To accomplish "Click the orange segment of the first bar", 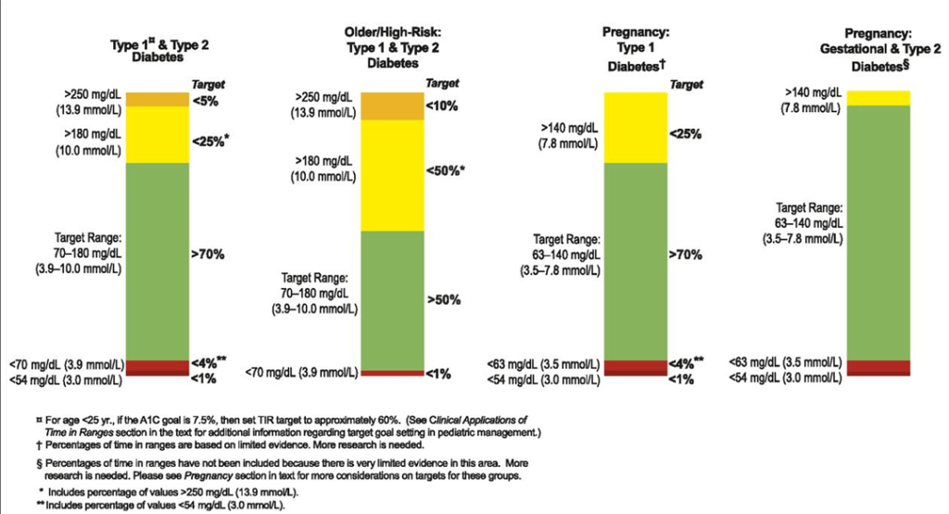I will pyautogui.click(x=157, y=99).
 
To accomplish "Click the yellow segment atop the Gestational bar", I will pyautogui.click(x=879, y=97).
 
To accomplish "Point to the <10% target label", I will pyautogui.click(x=442, y=106).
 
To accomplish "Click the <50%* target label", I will pyautogui.click(x=446, y=171).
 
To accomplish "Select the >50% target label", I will pyautogui.click(x=443, y=300).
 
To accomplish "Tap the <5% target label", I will pyautogui.click(x=204, y=100).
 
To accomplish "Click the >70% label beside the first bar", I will pyautogui.click(x=209, y=254).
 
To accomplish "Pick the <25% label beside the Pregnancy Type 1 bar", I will pyautogui.click(x=685, y=133).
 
